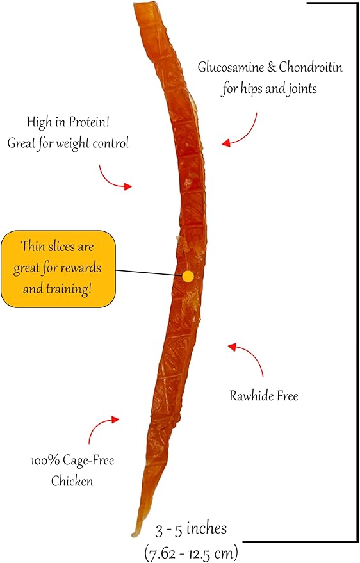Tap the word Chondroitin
[311, 67]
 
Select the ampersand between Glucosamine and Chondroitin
[272, 67]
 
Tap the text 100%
[45, 461]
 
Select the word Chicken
[72, 481]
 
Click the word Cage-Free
[88, 461]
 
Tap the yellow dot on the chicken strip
[188, 276]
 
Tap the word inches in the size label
[207, 529]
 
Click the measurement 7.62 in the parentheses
[163, 553]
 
